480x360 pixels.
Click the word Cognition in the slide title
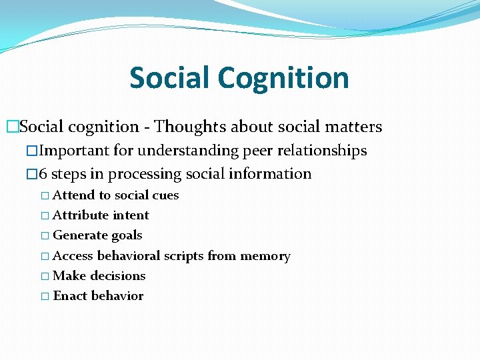tap(284, 78)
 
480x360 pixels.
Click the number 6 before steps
tap(43, 174)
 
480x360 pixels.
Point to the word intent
tap(131, 215)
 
